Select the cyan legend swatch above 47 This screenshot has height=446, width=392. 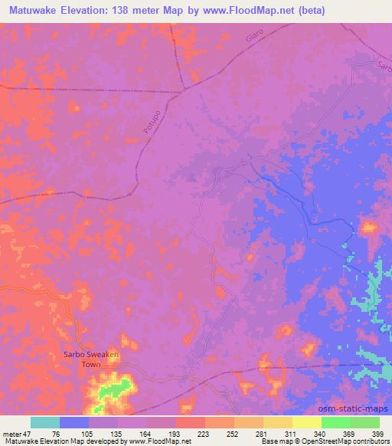click(45, 422)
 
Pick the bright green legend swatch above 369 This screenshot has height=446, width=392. click(335, 422)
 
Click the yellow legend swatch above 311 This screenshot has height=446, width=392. click(278, 422)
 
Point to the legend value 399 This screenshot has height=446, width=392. click(377, 434)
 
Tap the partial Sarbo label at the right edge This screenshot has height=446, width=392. click(384, 67)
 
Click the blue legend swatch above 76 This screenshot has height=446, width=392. click(74, 422)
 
